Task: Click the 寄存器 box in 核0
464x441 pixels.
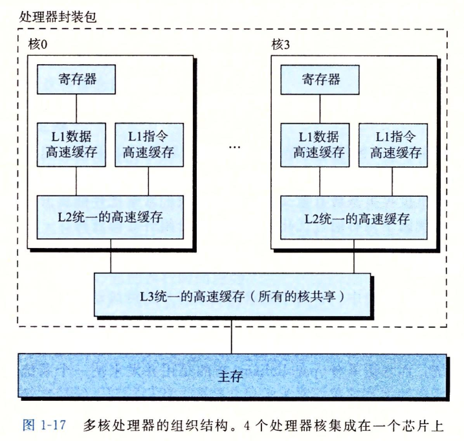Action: point(77,80)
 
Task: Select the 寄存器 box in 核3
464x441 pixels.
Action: point(320,80)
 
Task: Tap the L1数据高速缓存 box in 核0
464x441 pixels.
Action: point(77,144)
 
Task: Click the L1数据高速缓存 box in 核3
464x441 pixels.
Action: point(320,144)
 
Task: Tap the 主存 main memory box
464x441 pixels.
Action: point(233,376)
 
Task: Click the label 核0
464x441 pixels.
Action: point(40,45)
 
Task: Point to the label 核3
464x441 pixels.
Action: point(283,45)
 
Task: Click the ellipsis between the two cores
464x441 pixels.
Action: point(234,147)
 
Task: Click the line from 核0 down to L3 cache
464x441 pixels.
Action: point(113,260)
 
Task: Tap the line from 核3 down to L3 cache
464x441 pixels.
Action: point(355,260)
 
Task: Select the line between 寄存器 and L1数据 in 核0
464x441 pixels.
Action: point(77,107)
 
